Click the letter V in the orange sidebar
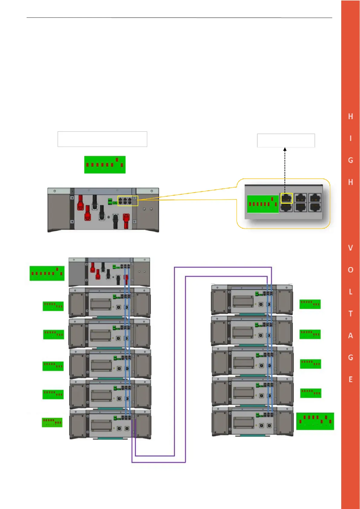click(x=350, y=248)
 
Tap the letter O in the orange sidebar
click(x=350, y=270)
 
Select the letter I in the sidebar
click(x=350, y=138)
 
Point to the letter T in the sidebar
click(x=350, y=313)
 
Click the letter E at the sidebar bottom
click(x=350, y=379)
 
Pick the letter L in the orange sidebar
click(x=350, y=292)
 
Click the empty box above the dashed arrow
click(x=286, y=141)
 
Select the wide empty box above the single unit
click(x=102, y=139)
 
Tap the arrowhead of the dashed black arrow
click(x=285, y=149)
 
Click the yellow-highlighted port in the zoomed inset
click(x=287, y=198)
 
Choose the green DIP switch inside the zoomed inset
click(x=263, y=204)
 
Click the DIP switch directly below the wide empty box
click(x=105, y=164)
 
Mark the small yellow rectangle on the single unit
click(x=128, y=201)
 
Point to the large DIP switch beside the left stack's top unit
click(x=47, y=273)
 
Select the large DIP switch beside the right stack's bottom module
click(x=315, y=421)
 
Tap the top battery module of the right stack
click(x=252, y=300)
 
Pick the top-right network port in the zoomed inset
click(x=315, y=198)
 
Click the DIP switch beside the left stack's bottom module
click(x=52, y=422)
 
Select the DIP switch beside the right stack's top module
click(x=310, y=304)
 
